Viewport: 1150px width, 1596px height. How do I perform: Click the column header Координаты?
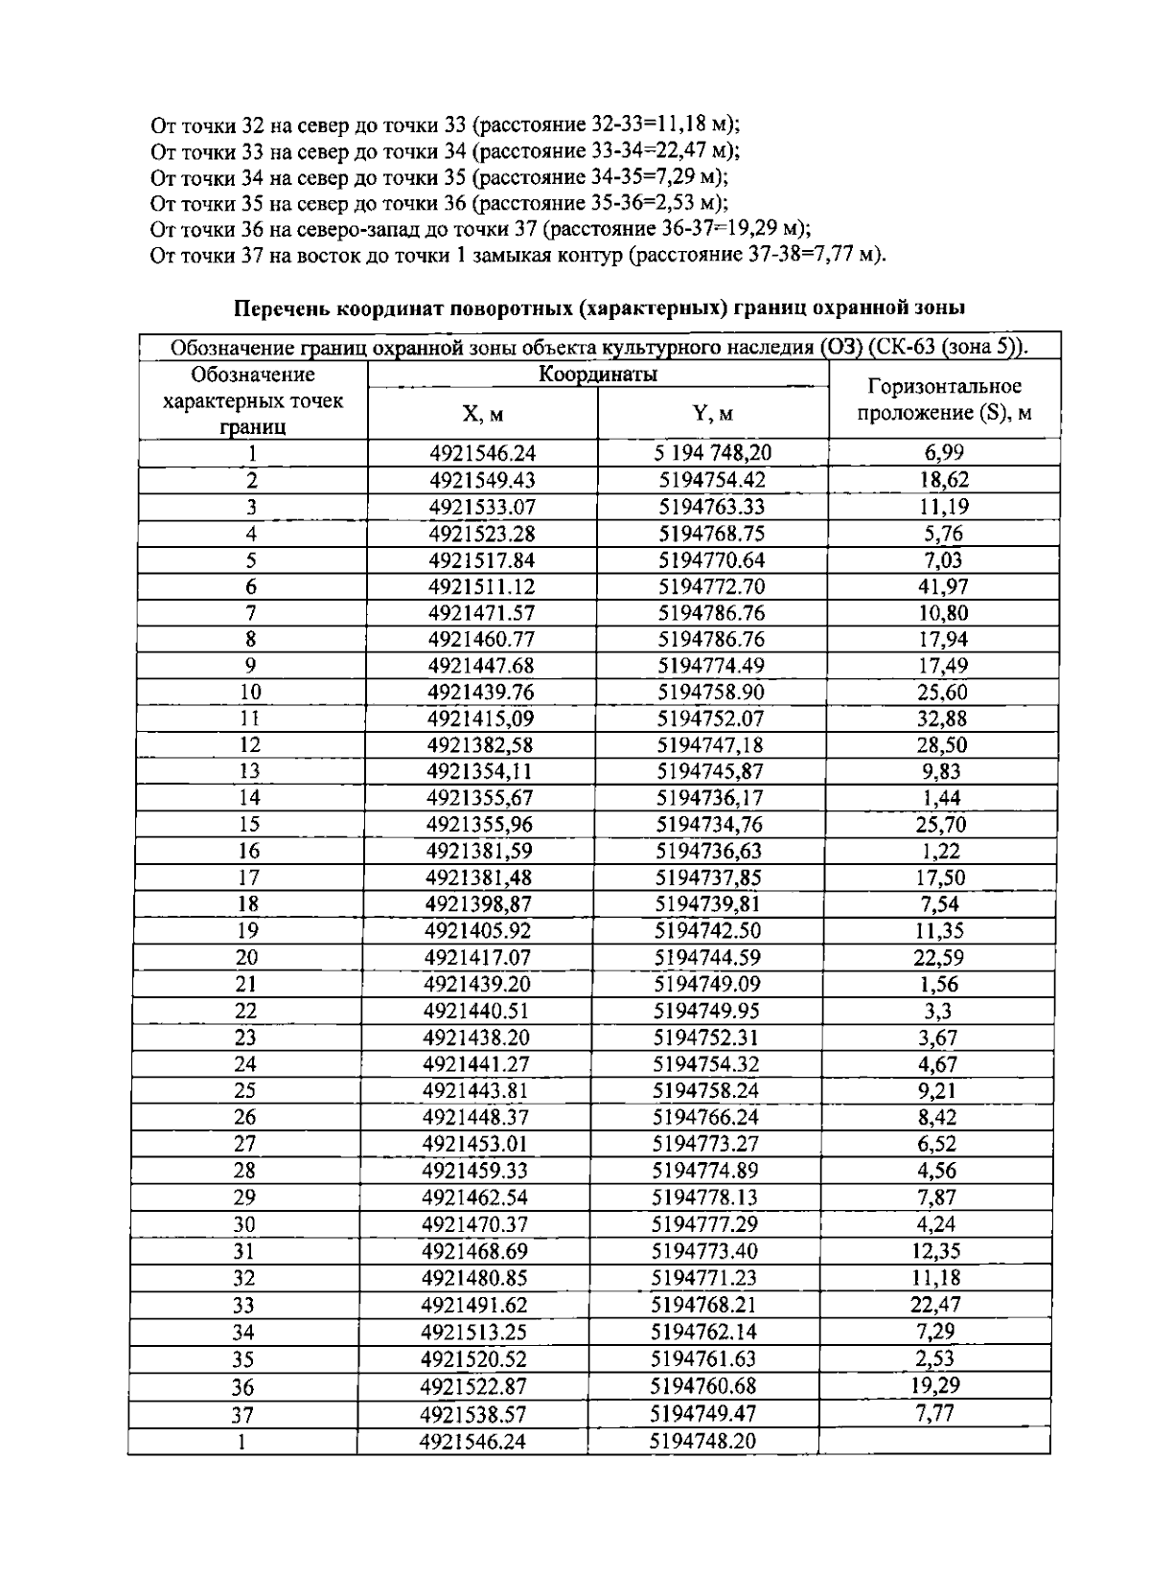597,375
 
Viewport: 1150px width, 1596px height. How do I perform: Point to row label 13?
251,771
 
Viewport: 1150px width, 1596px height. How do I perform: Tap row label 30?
245,1224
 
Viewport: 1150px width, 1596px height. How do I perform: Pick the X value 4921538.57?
473,1413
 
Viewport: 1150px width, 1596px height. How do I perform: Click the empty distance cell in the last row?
933,1441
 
